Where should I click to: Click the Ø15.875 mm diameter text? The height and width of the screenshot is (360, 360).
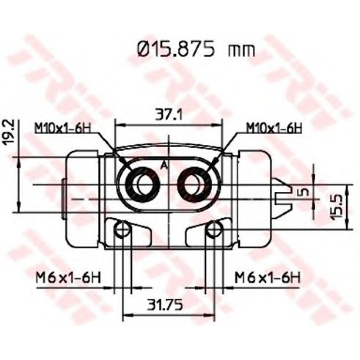(196, 50)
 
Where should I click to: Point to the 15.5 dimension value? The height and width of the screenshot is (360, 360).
(338, 207)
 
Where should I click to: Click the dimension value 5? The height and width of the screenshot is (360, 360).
(304, 192)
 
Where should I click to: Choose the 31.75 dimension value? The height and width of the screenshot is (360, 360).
(165, 304)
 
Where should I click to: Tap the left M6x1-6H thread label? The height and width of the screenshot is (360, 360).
(68, 277)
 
